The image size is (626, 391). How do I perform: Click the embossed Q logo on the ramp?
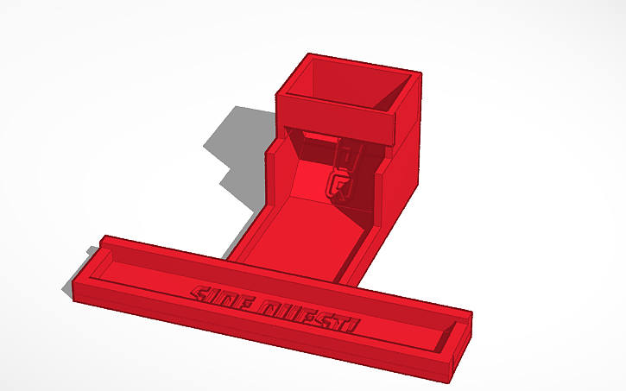coord(338,185)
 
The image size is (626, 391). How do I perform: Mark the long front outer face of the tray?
coord(259,341)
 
